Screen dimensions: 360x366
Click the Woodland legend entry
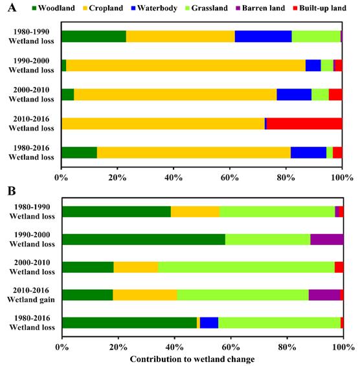54,8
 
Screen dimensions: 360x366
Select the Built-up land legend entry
320,8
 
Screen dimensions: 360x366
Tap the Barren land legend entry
261,8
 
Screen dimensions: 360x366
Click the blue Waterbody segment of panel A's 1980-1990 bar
264,36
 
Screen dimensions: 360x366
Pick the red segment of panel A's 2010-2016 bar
304,124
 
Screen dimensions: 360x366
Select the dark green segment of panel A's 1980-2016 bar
79,153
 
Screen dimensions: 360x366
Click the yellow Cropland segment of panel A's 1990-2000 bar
186,65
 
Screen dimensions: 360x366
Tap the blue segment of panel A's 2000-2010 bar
294,94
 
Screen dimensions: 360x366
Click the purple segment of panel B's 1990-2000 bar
327,239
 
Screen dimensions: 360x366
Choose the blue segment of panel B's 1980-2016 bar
209,323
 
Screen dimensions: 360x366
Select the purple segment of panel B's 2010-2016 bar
324,295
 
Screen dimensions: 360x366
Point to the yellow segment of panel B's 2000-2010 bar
136,267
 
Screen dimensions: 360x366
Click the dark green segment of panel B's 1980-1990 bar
117,211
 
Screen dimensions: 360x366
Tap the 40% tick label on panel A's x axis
174,177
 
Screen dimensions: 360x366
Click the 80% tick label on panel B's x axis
287,347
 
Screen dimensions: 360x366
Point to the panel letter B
12,191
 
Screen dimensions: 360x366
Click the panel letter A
12,8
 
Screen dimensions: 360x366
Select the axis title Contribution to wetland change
192,359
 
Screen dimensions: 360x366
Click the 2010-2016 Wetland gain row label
31,295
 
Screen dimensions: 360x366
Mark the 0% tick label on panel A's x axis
62,177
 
